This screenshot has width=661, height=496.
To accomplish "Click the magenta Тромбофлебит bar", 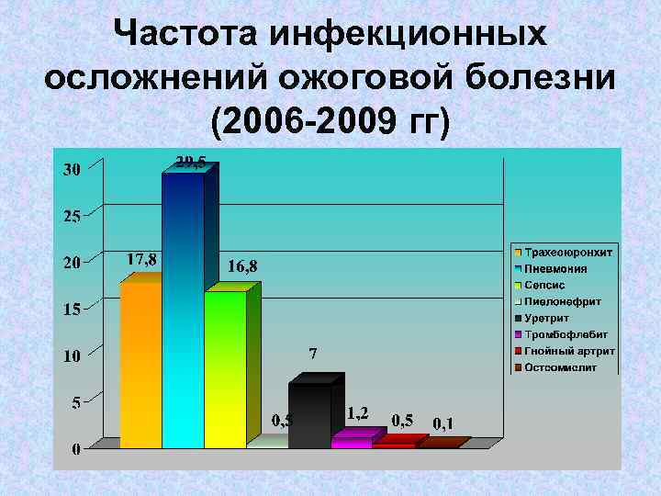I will tap(352, 442).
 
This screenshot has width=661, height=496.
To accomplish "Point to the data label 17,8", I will tap(141, 259).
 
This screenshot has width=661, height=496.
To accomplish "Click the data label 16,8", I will tap(242, 266).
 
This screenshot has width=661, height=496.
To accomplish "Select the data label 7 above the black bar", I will tap(313, 354).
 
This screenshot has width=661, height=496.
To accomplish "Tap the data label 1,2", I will tap(358, 413).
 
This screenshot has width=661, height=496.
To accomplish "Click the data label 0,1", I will tap(443, 423).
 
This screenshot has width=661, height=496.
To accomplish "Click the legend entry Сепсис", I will tap(545, 285).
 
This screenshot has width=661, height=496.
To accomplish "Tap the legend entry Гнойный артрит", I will tap(564, 351).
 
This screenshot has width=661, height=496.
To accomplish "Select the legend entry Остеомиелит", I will tap(561, 367).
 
